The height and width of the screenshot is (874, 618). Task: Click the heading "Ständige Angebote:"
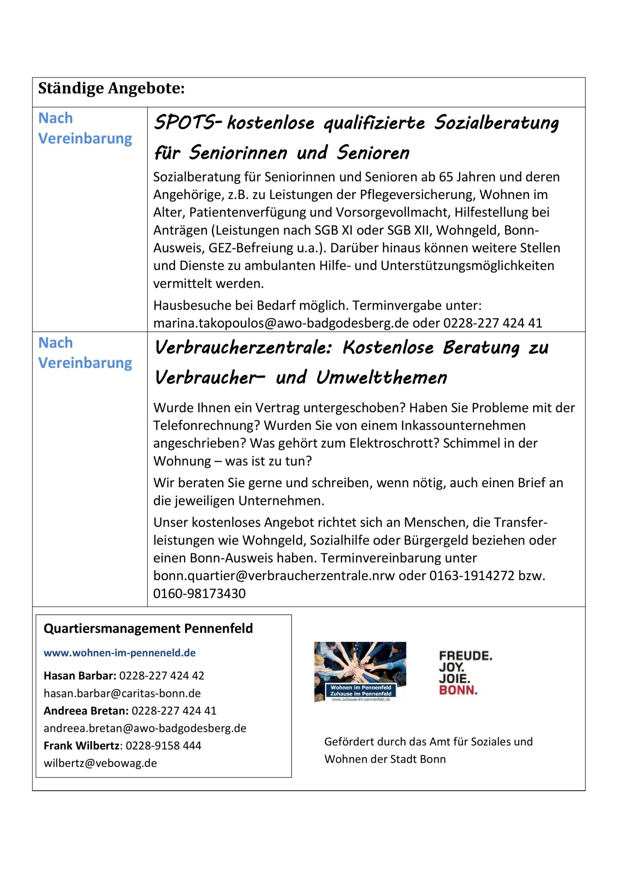111,89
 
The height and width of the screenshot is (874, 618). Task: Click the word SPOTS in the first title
185,123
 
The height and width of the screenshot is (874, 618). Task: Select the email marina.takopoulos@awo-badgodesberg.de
281,323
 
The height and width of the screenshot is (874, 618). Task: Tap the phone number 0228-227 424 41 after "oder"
492,323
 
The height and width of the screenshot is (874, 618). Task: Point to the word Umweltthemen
381,378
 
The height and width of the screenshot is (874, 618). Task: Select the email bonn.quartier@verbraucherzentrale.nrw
274,576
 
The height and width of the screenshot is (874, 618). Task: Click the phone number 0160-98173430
199,593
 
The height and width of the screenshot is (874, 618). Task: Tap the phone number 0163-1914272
472,576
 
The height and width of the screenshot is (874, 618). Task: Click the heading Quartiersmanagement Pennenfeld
148,629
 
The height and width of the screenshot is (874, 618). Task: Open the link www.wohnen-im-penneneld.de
120,653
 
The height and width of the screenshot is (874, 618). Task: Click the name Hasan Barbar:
80,676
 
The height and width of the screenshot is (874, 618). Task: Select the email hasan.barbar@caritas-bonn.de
122,693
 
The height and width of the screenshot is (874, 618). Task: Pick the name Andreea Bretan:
86,711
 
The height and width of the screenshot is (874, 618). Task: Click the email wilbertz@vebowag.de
100,763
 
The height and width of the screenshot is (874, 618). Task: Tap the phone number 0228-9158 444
163,746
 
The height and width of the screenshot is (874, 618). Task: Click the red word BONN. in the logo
458,690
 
